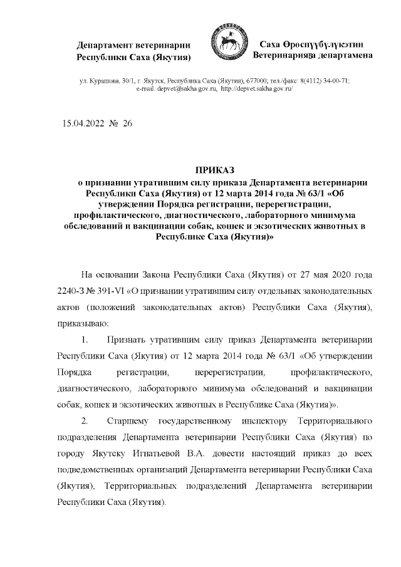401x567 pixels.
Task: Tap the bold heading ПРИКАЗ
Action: (214, 170)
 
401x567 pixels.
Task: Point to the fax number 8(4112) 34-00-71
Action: (320, 81)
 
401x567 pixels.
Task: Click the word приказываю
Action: (83, 325)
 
